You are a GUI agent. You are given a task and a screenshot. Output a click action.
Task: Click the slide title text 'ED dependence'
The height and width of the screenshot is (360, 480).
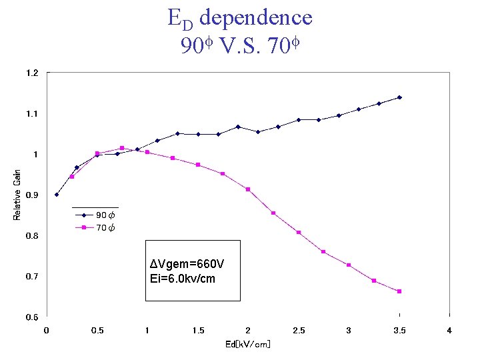[240, 17]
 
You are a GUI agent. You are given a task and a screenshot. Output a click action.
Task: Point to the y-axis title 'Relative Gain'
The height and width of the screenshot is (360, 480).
[17, 194]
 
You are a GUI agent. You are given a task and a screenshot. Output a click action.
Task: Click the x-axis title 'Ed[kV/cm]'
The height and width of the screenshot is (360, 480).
[247, 344]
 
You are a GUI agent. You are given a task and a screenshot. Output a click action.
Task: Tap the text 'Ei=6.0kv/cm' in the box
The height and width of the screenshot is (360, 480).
[183, 279]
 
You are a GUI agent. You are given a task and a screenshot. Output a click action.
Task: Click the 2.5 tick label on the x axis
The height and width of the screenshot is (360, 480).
[298, 331]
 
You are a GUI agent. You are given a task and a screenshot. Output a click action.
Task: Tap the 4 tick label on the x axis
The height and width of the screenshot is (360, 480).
[449, 331]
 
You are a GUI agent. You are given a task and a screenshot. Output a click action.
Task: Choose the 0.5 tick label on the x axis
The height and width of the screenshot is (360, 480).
[97, 331]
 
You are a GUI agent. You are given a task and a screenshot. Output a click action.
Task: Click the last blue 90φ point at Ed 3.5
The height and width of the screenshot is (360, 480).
[399, 97]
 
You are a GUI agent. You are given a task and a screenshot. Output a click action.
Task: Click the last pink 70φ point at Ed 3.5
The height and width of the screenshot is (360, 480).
[399, 291]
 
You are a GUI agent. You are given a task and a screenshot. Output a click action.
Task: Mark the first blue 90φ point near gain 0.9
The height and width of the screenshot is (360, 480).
[57, 195]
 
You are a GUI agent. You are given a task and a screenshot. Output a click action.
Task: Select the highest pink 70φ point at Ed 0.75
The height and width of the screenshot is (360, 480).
[122, 148]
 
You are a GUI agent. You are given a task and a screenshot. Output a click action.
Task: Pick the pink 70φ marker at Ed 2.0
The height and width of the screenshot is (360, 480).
[248, 189]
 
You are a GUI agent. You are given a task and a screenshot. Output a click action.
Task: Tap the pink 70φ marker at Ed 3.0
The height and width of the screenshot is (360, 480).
[349, 265]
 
